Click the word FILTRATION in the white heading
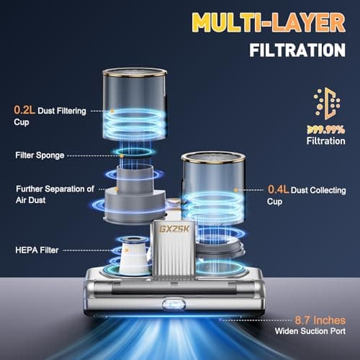[x=297, y=50]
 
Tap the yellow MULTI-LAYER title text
[x=269, y=22]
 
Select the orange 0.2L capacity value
[x=24, y=110]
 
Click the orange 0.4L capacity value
[x=278, y=189]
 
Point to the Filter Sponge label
[x=40, y=156]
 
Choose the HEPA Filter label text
[x=37, y=250]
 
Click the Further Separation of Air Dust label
[x=55, y=194]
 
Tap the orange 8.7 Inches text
[x=320, y=320]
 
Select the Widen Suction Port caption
[x=310, y=331]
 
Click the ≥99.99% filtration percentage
[x=326, y=130]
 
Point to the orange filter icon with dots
[x=327, y=104]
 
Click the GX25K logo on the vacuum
[x=174, y=229]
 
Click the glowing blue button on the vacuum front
[x=174, y=305]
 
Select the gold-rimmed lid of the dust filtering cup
[x=135, y=72]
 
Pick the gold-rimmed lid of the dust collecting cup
[x=213, y=157]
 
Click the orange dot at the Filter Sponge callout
[x=122, y=156]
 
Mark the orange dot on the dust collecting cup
[x=236, y=190]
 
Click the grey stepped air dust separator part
[x=135, y=194]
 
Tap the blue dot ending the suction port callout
[x=220, y=320]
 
